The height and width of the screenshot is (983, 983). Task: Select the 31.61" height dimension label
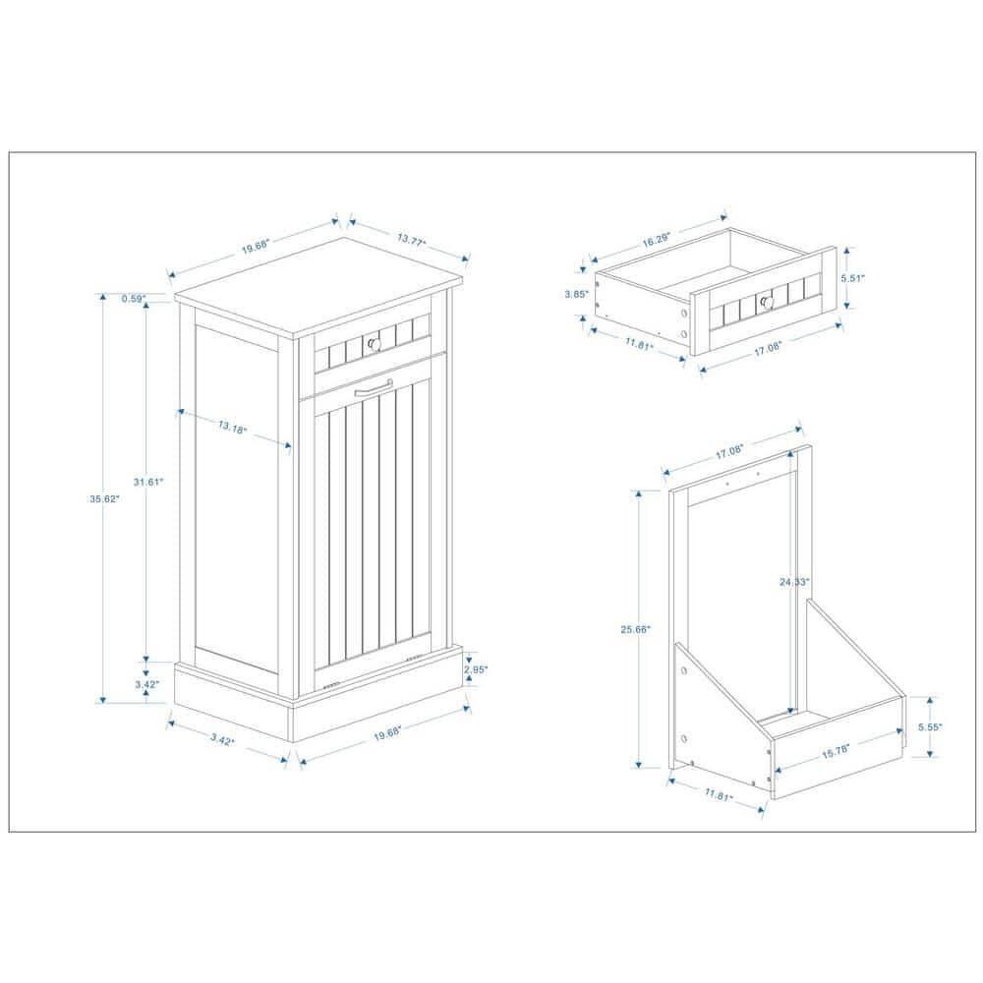pos(147,481)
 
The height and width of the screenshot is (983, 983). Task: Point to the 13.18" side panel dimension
pos(232,427)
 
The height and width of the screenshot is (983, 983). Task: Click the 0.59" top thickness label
pos(133,298)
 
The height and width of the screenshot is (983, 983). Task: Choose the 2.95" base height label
pos(476,668)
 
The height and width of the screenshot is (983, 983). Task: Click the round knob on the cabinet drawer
pos(372,343)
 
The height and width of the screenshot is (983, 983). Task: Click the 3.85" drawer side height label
pos(576,294)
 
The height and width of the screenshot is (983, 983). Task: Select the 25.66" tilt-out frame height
pos(636,629)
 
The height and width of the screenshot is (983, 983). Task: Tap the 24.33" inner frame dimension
pos(794,582)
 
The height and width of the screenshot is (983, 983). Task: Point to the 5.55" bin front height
pos(929,727)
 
